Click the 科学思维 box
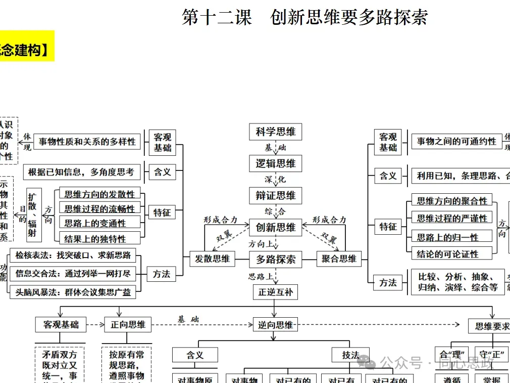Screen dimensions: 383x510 [x=275, y=132]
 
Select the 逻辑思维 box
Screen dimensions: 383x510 [x=275, y=163]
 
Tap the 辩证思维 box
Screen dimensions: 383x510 [x=275, y=196]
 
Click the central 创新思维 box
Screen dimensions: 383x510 [x=275, y=227]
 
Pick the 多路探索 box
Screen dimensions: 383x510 [x=275, y=260]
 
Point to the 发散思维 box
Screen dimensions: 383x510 [x=212, y=259]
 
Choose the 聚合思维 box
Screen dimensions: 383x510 [x=339, y=259]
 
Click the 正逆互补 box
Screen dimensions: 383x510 [x=275, y=292]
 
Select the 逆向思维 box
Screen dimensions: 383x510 [x=275, y=325]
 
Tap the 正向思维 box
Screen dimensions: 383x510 [x=128, y=324]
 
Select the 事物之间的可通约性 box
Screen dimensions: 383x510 [x=456, y=142]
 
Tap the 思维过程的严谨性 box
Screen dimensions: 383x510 [x=452, y=219]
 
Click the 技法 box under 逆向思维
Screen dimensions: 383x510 [x=350, y=355]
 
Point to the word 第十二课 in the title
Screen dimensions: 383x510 [x=217, y=18]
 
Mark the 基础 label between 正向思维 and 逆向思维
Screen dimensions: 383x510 [x=188, y=319]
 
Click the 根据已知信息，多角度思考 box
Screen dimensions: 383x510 [x=81, y=172]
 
